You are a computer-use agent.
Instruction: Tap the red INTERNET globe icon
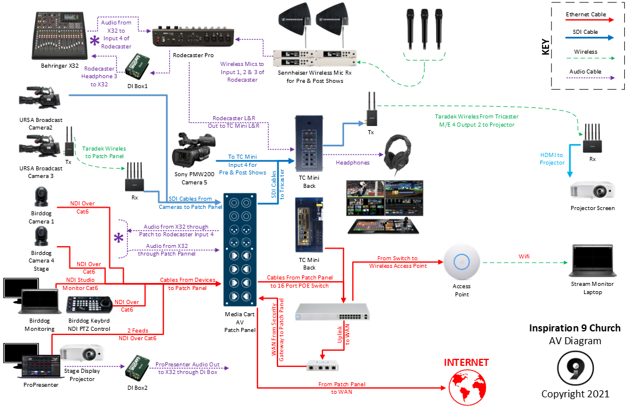(x=466, y=386)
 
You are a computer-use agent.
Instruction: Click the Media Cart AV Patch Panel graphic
(x=239, y=250)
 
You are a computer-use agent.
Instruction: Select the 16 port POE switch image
(x=332, y=312)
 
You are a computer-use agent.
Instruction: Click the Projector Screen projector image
(x=592, y=191)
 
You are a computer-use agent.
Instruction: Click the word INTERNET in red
(x=466, y=362)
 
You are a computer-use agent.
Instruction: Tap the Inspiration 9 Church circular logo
(x=575, y=366)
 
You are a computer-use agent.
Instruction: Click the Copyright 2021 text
(x=575, y=394)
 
